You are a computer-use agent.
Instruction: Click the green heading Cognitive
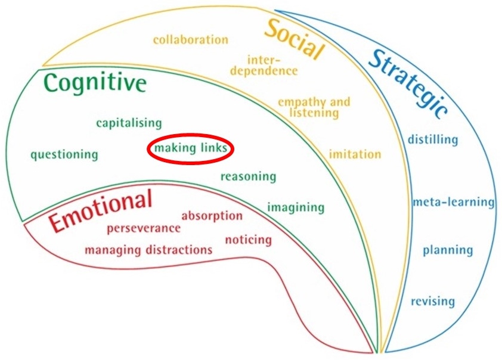point(95,83)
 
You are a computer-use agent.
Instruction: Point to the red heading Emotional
point(100,211)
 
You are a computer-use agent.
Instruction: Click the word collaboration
point(190,40)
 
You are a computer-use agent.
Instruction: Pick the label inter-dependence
point(272,65)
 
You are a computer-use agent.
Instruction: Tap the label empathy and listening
point(314,107)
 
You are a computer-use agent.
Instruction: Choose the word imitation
point(355,154)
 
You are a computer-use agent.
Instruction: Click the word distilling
point(433,140)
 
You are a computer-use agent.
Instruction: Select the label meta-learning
point(454,202)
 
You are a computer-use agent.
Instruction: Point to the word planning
point(448,250)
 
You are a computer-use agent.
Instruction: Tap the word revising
point(432,301)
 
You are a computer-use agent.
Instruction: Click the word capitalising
point(129,123)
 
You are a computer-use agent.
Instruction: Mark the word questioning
point(64,155)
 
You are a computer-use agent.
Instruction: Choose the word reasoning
point(248,176)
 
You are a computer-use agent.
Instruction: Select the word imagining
point(296,207)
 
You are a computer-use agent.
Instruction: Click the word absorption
point(212,216)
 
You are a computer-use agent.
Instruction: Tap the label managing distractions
point(148,249)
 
